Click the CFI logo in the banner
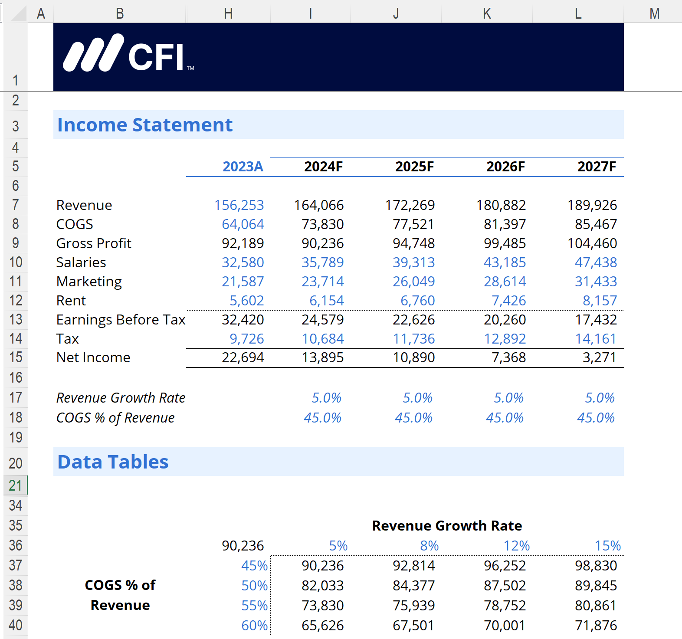click(128, 53)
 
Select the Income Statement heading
click(145, 125)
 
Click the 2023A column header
click(243, 167)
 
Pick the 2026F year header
click(505, 167)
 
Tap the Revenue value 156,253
click(239, 205)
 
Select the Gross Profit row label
click(94, 243)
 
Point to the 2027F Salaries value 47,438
click(596, 262)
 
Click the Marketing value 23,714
click(322, 282)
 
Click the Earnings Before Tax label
click(121, 320)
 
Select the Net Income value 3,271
click(599, 357)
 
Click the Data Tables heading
click(113, 462)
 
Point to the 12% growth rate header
click(516, 546)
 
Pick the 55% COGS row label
click(254, 606)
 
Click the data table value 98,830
click(596, 566)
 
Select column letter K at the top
click(487, 13)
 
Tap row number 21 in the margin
click(15, 485)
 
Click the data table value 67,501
click(413, 626)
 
